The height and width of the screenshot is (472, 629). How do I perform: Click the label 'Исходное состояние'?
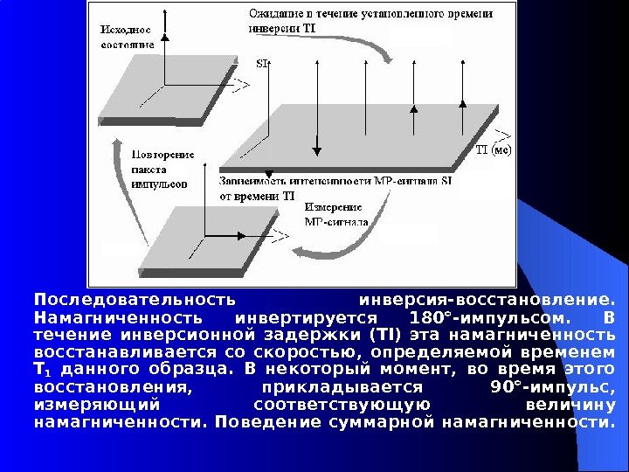pos(128,36)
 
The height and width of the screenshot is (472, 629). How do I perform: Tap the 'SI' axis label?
pos(262,63)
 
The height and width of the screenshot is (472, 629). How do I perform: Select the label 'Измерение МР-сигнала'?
pos(335,214)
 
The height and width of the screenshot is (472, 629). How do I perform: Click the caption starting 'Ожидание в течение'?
pos(370,20)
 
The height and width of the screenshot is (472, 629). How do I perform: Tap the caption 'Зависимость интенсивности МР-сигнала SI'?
pos(336,181)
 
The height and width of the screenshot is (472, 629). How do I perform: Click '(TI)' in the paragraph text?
pos(384,336)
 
